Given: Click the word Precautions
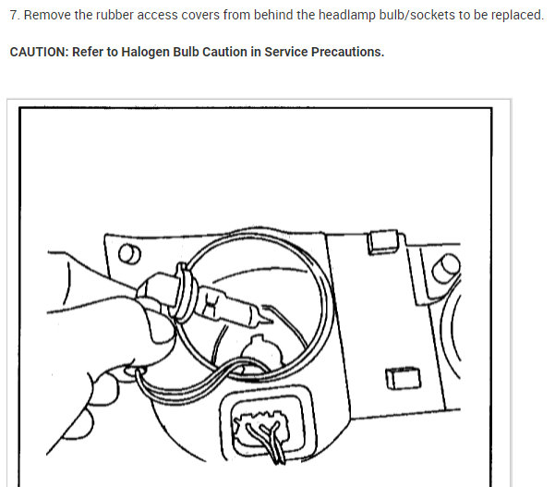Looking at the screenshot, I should click(349, 52).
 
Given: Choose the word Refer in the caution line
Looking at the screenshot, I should click(97, 52).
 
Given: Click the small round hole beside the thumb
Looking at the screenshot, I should click(130, 254).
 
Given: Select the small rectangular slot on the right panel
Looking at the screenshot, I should click(404, 377).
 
